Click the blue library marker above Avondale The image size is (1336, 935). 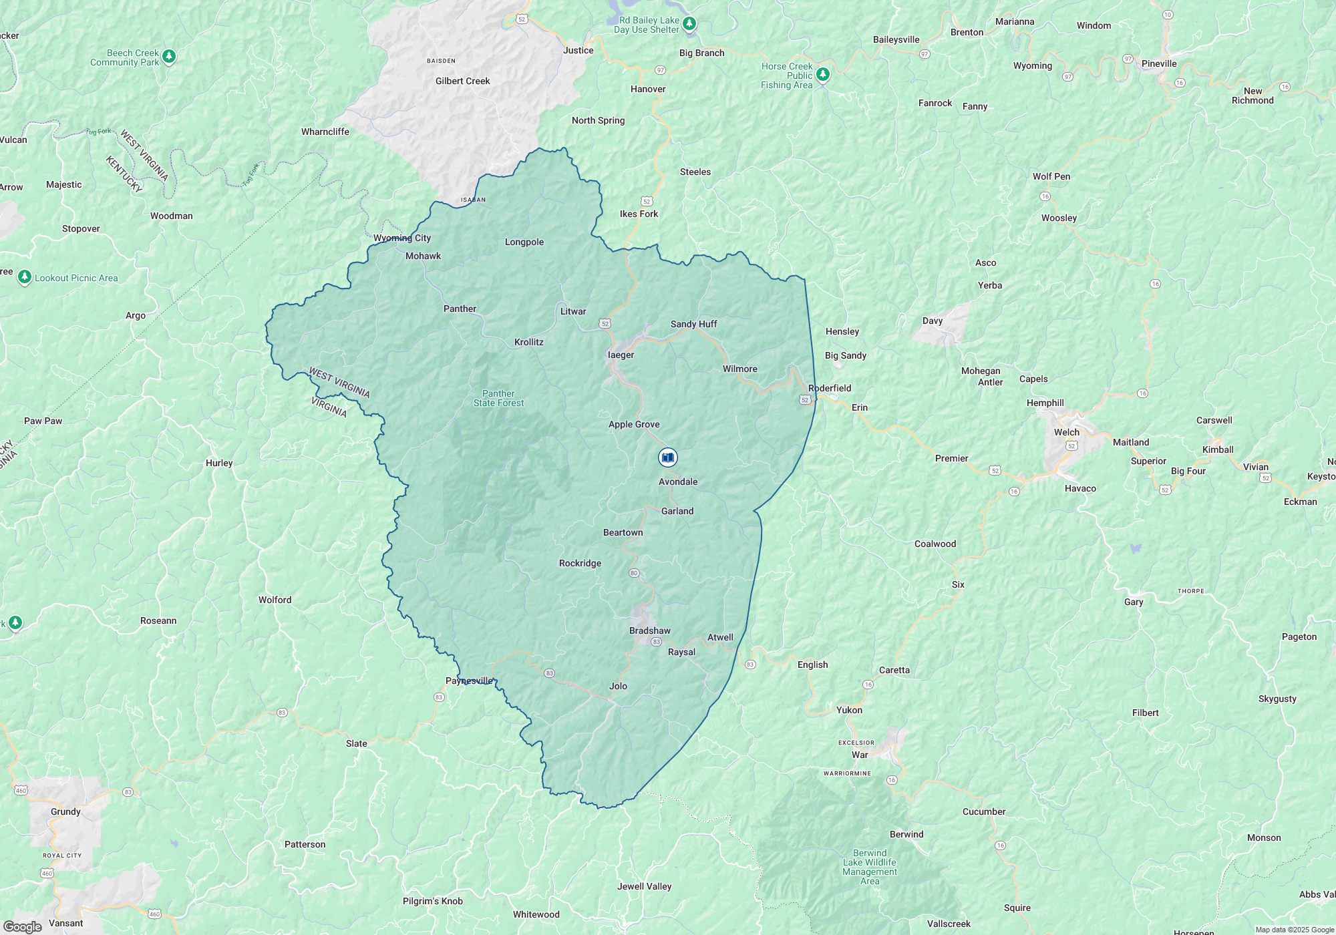(x=667, y=457)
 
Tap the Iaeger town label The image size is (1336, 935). (x=621, y=355)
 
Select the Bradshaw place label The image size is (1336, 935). (x=649, y=630)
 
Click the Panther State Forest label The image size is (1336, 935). (x=498, y=398)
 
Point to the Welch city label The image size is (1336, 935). (x=1066, y=432)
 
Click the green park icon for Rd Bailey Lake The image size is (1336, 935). (x=689, y=24)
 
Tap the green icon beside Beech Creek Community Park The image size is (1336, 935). (x=169, y=57)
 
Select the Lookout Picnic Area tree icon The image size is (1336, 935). (x=25, y=276)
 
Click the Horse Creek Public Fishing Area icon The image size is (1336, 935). (x=823, y=74)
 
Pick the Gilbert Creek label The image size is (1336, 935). (x=462, y=81)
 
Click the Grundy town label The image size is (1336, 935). (x=65, y=811)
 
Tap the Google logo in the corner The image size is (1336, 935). (x=22, y=926)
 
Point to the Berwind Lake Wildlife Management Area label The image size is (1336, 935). (x=870, y=867)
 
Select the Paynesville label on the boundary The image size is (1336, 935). (x=469, y=681)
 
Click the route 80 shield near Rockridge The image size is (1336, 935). (x=634, y=573)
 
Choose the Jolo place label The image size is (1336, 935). (x=618, y=686)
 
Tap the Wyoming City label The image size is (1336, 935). (x=401, y=238)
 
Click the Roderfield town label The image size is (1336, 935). (x=830, y=388)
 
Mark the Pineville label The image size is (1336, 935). (x=1159, y=63)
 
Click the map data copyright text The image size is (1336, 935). (x=1294, y=930)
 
